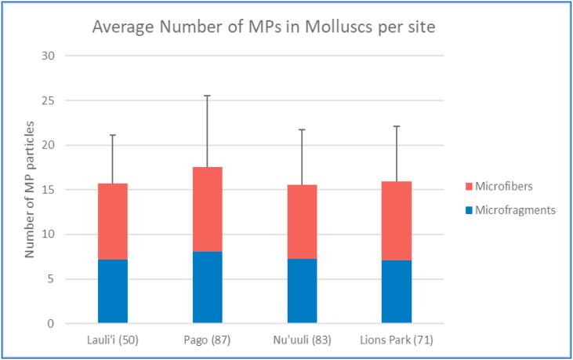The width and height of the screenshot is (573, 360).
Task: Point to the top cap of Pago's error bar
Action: coord(208,96)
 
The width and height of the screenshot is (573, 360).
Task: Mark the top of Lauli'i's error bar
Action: coord(113,135)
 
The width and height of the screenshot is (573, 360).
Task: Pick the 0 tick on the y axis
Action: coord(52,323)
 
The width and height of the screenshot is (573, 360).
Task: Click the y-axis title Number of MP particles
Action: coord(30,190)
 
